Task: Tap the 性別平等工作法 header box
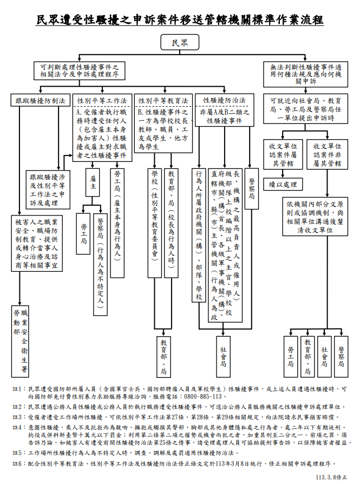pyautogui.click(x=102, y=101)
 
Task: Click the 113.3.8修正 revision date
pyautogui.click(x=331, y=478)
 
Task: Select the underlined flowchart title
pyautogui.click(x=180, y=21)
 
